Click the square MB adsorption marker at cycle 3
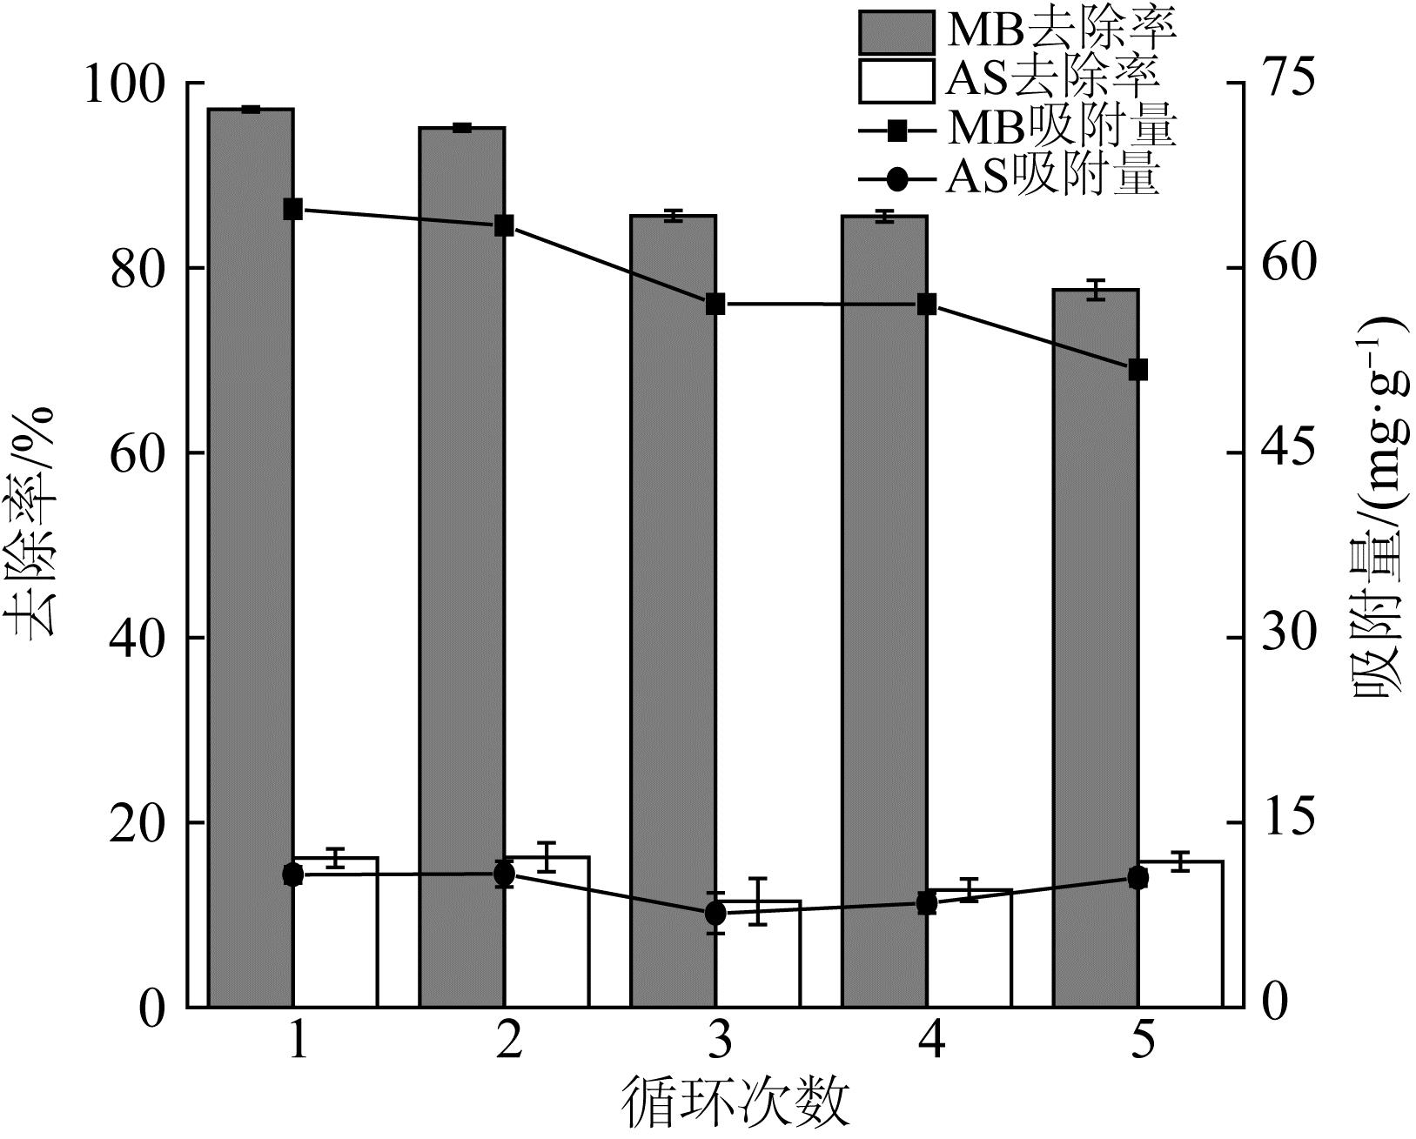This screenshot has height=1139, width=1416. [x=715, y=305]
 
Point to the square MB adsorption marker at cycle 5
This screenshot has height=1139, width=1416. [x=1138, y=370]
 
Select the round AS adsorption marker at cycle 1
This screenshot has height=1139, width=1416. [x=293, y=875]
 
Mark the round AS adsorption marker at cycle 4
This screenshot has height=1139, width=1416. [x=927, y=904]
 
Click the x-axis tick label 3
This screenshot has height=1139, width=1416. [x=719, y=1041]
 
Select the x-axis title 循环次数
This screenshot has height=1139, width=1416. [x=735, y=1102]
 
